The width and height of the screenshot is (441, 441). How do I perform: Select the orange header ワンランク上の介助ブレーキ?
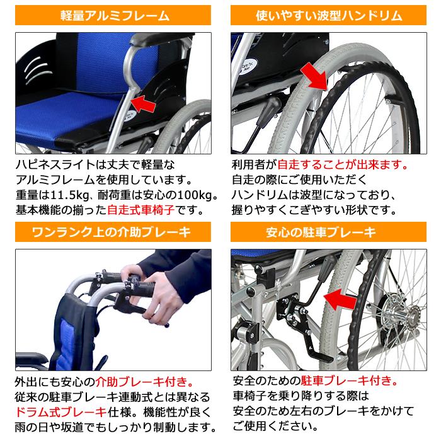point(115,232)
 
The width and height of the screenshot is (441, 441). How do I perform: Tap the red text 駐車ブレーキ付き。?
point(349,382)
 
